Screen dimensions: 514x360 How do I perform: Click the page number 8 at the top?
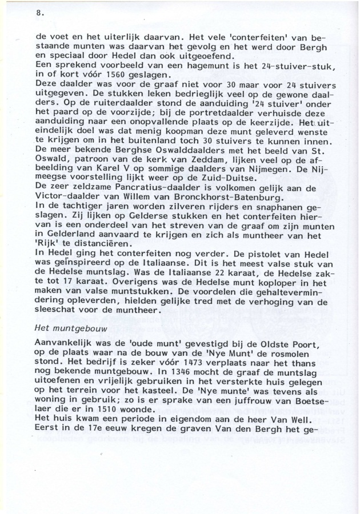click(x=38, y=11)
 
